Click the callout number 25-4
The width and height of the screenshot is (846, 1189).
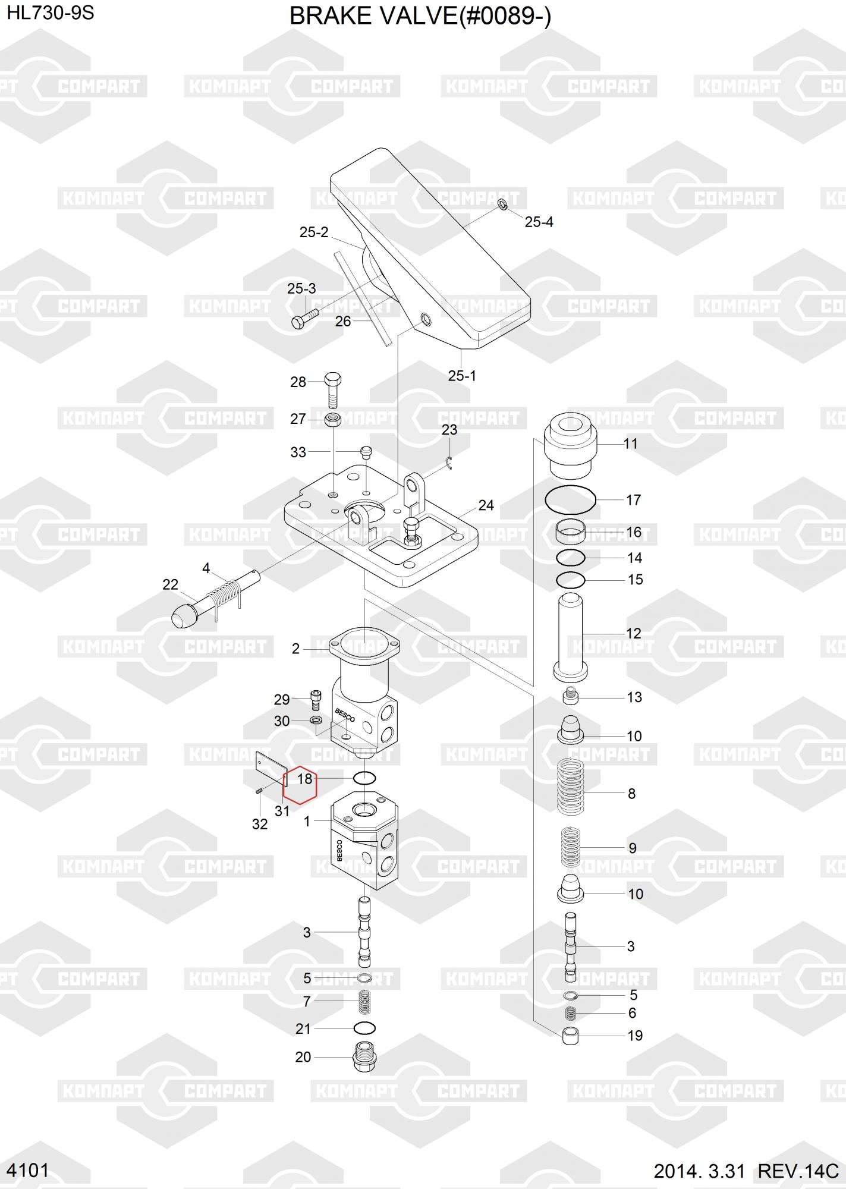pos(539,222)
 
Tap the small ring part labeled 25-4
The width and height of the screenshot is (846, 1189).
pos(502,205)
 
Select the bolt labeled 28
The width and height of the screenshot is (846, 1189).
pos(334,389)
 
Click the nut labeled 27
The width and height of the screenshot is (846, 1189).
pos(334,419)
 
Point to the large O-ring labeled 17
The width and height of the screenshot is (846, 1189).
pos(570,500)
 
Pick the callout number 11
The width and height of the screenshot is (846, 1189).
pos(630,443)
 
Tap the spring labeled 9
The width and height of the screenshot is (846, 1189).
pos(571,847)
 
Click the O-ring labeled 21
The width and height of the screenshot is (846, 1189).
pos(364,1028)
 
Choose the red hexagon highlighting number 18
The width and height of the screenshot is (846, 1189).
pos(300,784)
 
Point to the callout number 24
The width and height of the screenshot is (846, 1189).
pos(486,505)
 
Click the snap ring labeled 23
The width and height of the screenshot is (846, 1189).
pos(450,463)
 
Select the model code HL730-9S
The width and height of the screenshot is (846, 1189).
pos(51,13)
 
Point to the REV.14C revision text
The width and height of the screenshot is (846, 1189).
pos(798,1171)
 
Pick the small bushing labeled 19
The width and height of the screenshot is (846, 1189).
pos(570,1035)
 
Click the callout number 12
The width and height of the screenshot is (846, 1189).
pos(634,633)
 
